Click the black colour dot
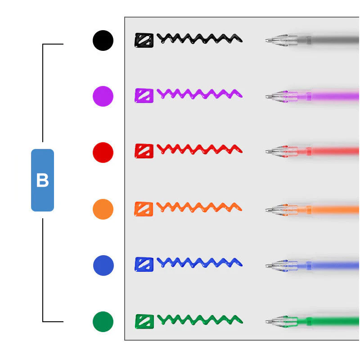103,40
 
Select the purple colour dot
103,96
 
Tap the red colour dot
103,153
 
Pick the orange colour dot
103,209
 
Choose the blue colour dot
103,265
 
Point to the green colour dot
103,322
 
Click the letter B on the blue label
42,180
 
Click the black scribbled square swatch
144,40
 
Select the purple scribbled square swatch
144,95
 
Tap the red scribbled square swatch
144,151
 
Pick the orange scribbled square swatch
144,209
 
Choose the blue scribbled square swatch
144,265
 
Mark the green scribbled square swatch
144,321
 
